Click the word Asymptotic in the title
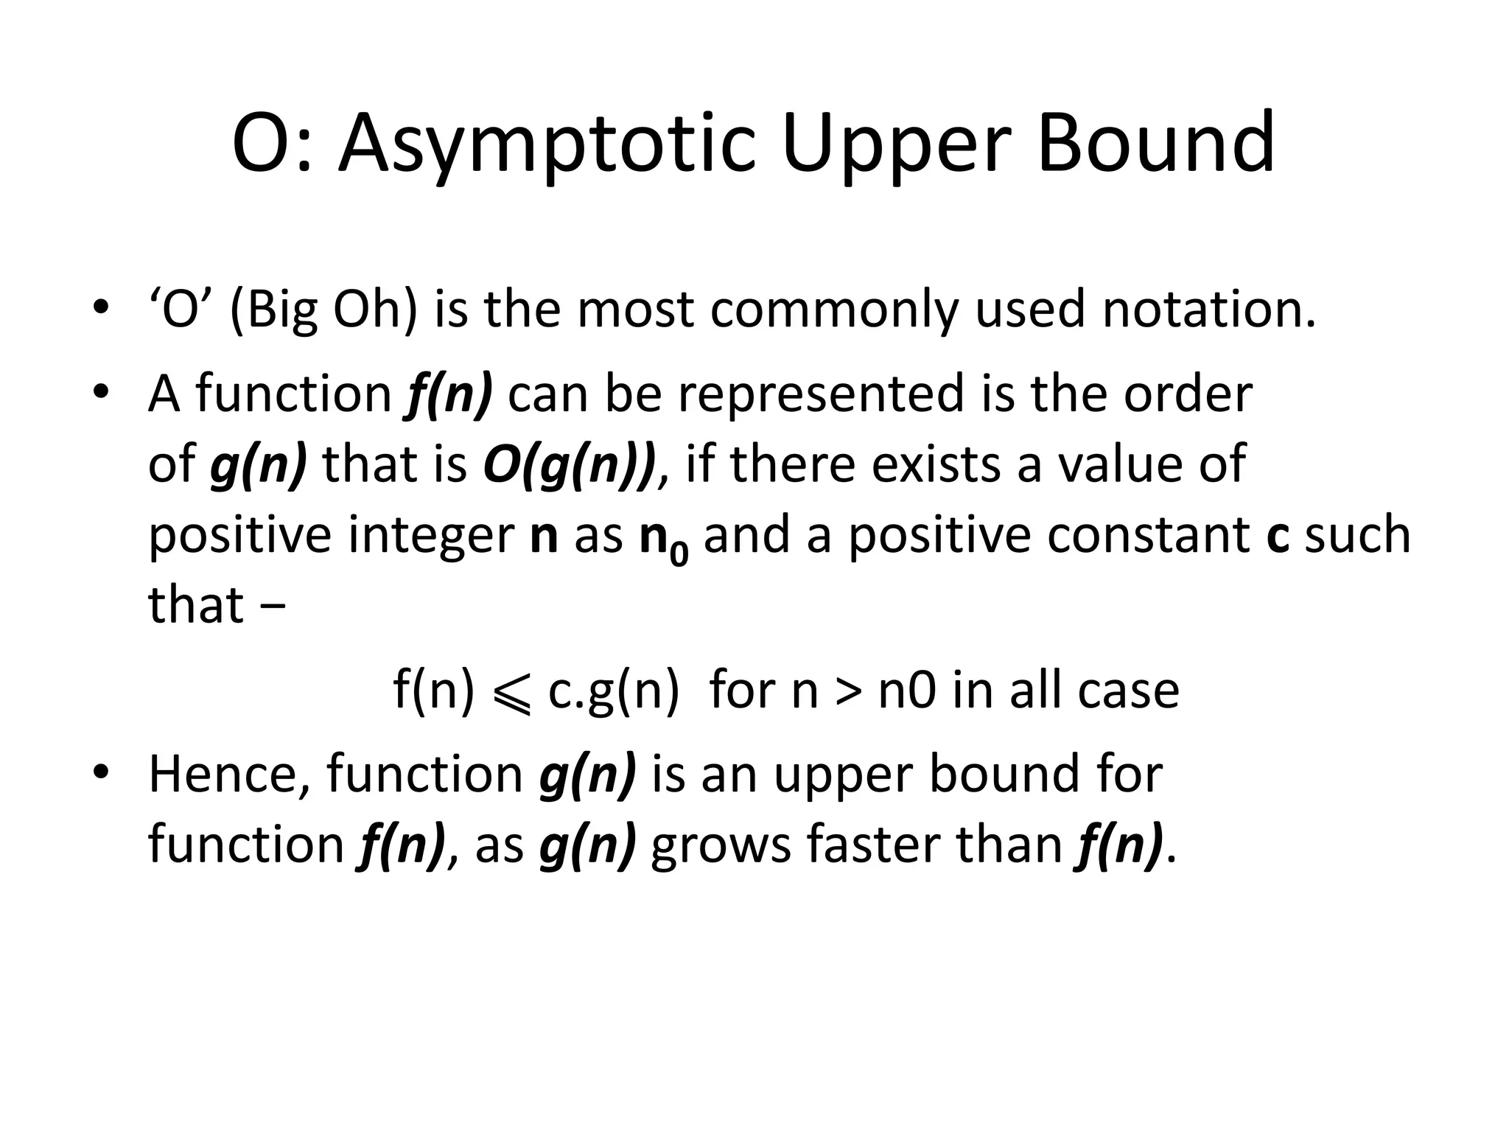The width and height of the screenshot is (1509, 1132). point(547,144)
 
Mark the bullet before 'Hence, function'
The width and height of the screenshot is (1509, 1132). point(101,771)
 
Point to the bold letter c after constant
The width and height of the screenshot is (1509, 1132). point(1278,535)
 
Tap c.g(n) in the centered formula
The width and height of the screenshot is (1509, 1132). point(613,691)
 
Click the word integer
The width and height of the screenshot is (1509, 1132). point(430,537)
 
